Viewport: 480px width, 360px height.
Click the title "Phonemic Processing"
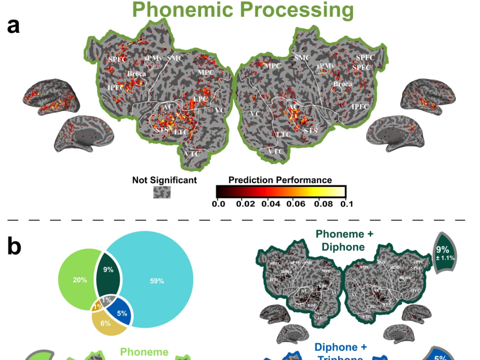click(x=243, y=10)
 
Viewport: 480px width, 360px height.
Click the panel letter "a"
click(x=13, y=26)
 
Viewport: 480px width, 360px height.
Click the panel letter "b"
click(x=14, y=246)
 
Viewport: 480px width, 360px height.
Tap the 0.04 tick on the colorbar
click(x=270, y=204)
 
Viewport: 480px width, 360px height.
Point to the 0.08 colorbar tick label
click(x=323, y=204)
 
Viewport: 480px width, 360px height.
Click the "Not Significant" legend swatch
click(x=162, y=192)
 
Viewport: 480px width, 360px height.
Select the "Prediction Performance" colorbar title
click(x=280, y=180)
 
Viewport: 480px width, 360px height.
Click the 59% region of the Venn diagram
click(x=157, y=281)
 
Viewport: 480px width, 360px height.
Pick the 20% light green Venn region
click(x=80, y=280)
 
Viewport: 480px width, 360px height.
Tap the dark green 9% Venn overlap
click(x=108, y=270)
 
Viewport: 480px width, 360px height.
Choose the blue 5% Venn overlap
click(x=122, y=313)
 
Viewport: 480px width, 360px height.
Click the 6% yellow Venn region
click(x=106, y=323)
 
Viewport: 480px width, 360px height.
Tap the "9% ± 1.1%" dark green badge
click(x=444, y=253)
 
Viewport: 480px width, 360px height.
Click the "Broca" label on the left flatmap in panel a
click(x=136, y=74)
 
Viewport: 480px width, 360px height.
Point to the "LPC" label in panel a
click(x=201, y=99)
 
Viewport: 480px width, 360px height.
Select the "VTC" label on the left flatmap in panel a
click(x=192, y=154)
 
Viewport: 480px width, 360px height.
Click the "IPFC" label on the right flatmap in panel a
click(x=360, y=107)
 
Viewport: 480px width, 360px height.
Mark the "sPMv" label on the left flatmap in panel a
click(x=153, y=58)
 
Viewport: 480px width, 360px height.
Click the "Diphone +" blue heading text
click(x=340, y=347)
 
